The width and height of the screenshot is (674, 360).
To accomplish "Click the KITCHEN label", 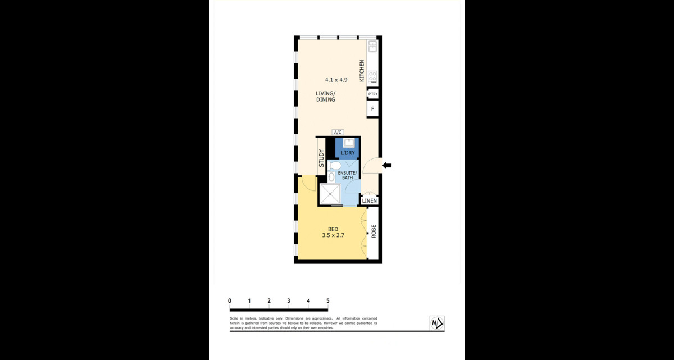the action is coord(362,71).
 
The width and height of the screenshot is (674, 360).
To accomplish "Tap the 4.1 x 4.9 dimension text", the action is coord(336,80).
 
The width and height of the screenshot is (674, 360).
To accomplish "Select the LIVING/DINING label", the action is coord(325,97).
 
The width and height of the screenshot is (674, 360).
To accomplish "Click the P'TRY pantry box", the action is coord(372,94).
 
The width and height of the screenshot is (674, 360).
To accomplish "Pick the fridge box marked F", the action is coord(372,108).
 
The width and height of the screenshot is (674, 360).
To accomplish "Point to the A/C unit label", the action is coord(338,133).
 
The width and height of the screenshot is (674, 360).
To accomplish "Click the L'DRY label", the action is coord(348,153).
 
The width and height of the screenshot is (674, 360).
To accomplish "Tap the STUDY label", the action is coord(321,158).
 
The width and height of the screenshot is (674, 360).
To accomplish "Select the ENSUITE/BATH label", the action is coord(347,175).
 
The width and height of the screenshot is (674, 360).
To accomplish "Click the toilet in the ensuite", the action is coord(334,166).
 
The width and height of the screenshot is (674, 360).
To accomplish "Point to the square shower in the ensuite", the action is coord(330,194).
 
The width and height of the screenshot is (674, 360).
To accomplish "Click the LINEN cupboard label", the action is coord(369,200).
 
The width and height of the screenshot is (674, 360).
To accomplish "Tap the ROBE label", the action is coord(374,231).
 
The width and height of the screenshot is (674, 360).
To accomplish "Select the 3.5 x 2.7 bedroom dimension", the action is coord(333,235).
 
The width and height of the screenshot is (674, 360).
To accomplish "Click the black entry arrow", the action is coord(387,165).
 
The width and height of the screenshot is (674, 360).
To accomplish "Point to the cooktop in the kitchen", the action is coord(372,77).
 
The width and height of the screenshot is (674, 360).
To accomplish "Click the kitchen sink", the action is coord(372,46).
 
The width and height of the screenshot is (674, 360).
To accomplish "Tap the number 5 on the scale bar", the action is coord(328,301).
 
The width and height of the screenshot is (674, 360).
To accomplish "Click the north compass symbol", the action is coord(437,323).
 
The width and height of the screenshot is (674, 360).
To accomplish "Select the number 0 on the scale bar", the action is coord(230,301).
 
